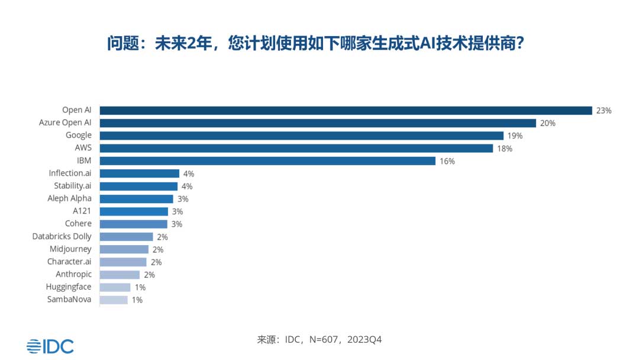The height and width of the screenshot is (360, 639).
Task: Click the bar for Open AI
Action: pyautogui.click(x=346, y=110)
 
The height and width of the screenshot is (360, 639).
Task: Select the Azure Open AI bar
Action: pyautogui.click(x=318, y=123)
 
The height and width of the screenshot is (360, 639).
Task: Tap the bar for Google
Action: pyautogui.click(x=301, y=136)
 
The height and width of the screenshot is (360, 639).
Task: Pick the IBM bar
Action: pyautogui.click(x=267, y=161)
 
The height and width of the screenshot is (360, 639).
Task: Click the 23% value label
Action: pyautogui.click(x=603, y=111)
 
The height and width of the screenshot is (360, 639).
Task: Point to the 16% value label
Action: pyautogui.click(x=447, y=162)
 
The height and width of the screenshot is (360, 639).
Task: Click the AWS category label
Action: pyautogui.click(x=83, y=148)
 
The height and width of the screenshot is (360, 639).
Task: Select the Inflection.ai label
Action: pyautogui.click(x=70, y=173)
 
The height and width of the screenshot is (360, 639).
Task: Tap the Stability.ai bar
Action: pyautogui.click(x=138, y=186)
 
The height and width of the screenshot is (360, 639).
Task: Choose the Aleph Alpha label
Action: pyautogui.click(x=69, y=198)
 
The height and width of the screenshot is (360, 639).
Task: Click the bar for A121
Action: pyautogui.click(x=134, y=211)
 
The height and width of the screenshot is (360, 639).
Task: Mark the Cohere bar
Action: pyautogui.click(x=133, y=224)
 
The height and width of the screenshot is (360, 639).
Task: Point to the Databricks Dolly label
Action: pyautogui.click(x=62, y=236)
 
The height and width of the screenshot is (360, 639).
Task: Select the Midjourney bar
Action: pyautogui.click(x=124, y=249)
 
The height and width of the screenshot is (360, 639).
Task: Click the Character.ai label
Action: pyautogui.click(x=69, y=262)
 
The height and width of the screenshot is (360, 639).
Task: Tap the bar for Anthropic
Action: pyautogui.click(x=120, y=275)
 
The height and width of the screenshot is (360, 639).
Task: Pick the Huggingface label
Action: pyautogui.click(x=69, y=287)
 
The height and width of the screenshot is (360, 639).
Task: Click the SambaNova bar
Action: pyautogui.click(x=114, y=300)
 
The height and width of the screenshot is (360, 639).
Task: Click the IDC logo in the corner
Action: pyautogui.click(x=50, y=346)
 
